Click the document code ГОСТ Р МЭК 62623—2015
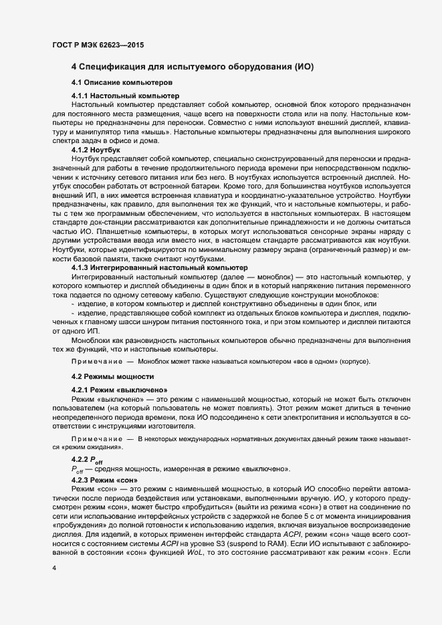click(98, 45)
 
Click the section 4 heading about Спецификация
click(193, 68)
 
